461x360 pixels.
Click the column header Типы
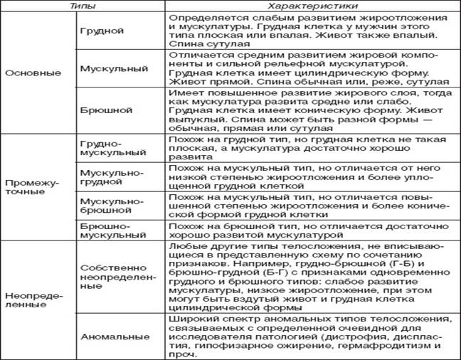click(84, 6)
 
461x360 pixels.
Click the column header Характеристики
click(310, 6)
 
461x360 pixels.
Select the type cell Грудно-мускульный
click(107, 148)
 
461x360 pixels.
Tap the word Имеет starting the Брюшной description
click(182, 95)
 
